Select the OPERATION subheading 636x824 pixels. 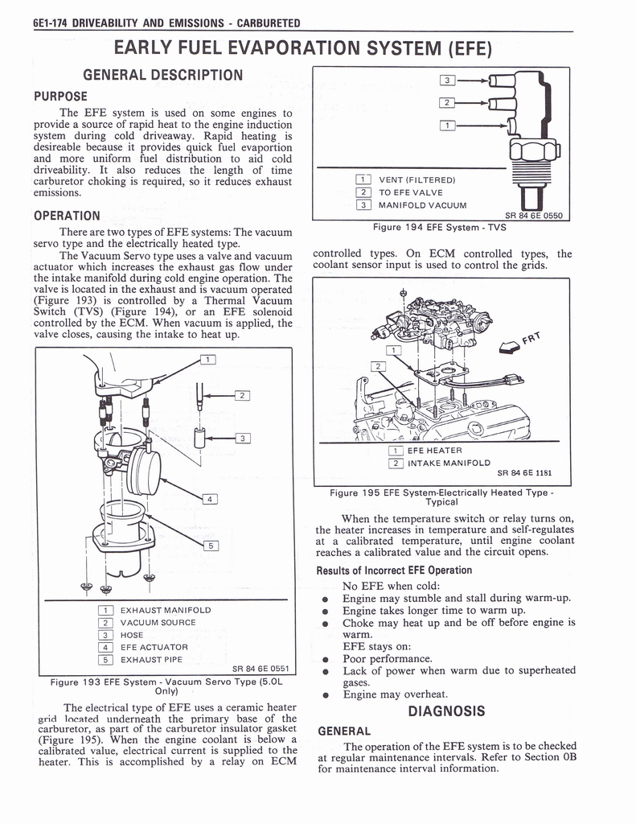67,216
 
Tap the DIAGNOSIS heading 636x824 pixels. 446,711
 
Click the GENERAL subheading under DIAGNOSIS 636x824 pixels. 343,731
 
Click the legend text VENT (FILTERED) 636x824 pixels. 417,179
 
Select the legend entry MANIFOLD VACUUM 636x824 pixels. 423,204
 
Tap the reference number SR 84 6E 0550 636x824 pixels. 535,215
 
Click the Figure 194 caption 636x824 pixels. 439,227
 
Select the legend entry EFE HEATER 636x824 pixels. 434,451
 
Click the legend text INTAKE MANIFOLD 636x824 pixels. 449,463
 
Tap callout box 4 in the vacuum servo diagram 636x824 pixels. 209,499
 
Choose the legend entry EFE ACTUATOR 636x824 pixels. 154,647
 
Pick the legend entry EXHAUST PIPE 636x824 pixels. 151,660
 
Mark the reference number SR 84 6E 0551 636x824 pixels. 261,668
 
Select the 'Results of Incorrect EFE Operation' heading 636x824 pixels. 394,571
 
